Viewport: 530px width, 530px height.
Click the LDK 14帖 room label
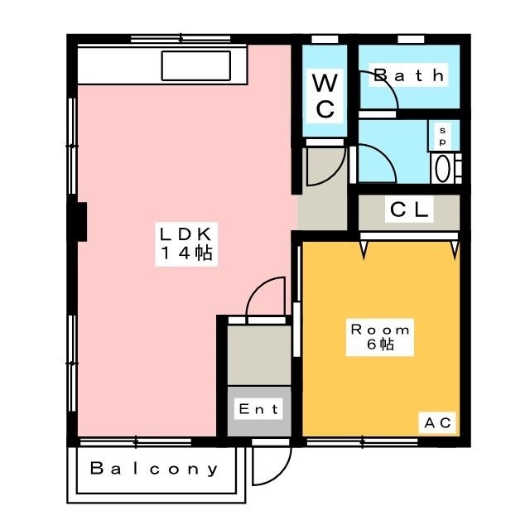186,244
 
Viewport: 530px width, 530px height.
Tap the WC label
325,96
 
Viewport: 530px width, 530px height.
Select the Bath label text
408,75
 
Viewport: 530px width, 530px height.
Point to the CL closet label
409,210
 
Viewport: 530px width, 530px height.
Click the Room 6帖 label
380,337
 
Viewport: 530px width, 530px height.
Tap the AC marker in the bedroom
437,422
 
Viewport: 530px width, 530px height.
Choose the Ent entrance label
258,409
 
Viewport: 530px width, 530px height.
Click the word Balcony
154,469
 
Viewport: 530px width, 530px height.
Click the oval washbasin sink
442,168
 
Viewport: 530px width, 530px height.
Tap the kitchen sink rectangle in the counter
196,65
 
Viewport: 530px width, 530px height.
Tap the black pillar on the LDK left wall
80,222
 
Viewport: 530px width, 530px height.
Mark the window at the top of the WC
325,40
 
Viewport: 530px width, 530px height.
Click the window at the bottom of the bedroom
362,441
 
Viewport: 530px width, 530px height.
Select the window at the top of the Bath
411,40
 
